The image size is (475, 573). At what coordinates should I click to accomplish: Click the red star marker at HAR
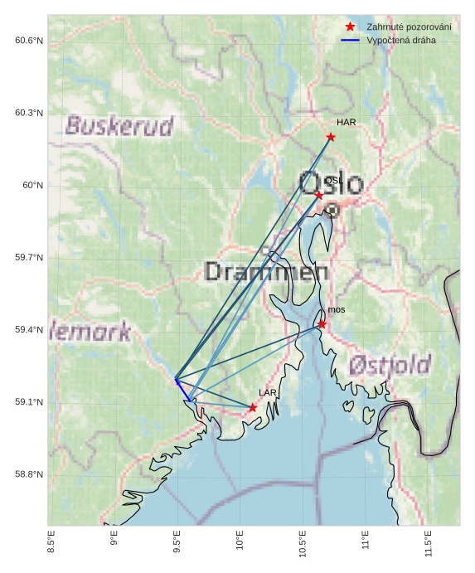click(x=331, y=137)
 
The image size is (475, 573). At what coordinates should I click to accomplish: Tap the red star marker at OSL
click(x=319, y=195)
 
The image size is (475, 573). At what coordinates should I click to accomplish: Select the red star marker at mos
click(x=322, y=324)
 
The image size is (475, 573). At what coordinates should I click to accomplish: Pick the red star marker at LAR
click(x=253, y=407)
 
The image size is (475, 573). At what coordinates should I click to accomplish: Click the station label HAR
click(x=346, y=122)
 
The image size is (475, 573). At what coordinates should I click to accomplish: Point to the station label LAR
click(x=267, y=392)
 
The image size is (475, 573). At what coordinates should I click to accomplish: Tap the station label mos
click(x=337, y=309)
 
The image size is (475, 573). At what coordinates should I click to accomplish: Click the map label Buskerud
click(x=119, y=126)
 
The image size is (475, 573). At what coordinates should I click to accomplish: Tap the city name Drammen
click(x=266, y=271)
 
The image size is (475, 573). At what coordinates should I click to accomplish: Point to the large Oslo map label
click(x=331, y=183)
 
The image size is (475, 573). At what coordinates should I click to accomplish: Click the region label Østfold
click(x=390, y=365)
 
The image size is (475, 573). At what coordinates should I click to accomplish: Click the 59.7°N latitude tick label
click(x=29, y=258)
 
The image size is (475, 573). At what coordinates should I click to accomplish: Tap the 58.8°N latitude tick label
click(x=29, y=474)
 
